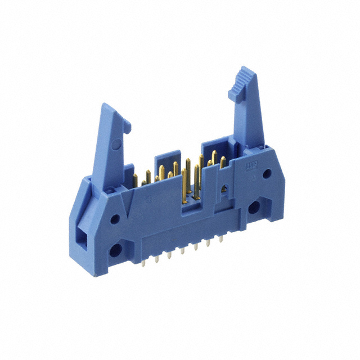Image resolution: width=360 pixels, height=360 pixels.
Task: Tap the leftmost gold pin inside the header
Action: (135, 181)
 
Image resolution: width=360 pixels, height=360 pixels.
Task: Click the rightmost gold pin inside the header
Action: (223, 163)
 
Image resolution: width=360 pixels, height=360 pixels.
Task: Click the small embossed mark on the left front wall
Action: (148, 199)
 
